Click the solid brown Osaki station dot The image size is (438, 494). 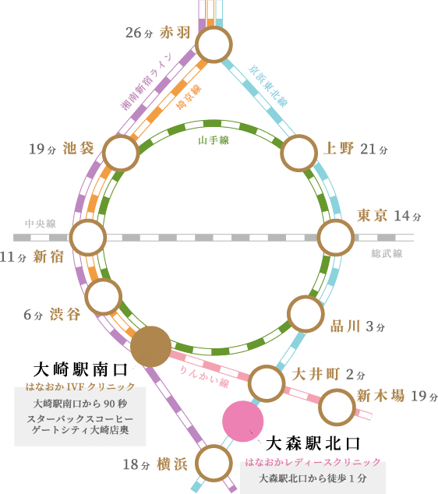pos(151,347)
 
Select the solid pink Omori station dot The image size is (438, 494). pos(243,422)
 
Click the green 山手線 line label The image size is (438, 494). pos(214,140)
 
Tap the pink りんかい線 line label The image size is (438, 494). pos(204,376)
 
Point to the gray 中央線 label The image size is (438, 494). pos(41,224)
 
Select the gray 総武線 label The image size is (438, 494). pos(387,253)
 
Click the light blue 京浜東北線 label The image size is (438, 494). pos(268,86)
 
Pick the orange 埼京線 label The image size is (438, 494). pos(189,97)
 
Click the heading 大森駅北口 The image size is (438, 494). pos(313,443)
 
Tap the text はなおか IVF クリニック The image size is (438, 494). pos(80,386)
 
